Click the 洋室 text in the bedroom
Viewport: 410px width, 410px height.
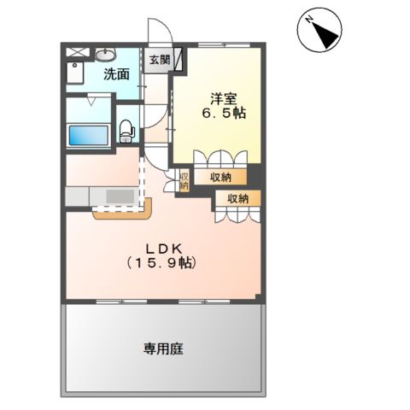(218, 96)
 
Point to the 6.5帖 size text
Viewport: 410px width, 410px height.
(225, 113)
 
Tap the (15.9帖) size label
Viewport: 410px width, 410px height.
(161, 263)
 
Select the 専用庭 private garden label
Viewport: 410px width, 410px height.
(163, 348)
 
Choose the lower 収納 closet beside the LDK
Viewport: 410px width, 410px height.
(237, 198)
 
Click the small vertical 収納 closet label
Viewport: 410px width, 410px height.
(184, 180)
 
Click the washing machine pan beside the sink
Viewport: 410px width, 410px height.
(75, 74)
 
